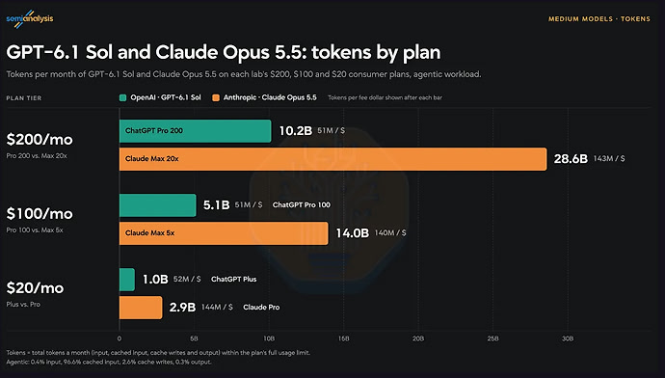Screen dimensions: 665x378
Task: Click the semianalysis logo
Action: pos(30,18)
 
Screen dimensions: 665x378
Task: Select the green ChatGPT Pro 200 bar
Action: pos(195,131)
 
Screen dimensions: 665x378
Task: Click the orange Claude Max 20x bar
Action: pos(332,159)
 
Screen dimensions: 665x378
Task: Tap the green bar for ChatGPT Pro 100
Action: pos(158,205)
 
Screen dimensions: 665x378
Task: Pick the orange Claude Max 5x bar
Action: pos(224,233)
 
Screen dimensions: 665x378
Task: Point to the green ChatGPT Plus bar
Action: pos(127,280)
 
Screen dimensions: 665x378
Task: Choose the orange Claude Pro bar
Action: pos(141,308)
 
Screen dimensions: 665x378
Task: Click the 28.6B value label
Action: pos(571,159)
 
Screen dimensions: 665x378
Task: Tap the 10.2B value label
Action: pos(296,131)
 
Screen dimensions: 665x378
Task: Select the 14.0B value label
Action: pos(353,233)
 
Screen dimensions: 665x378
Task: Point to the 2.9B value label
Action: pos(182,308)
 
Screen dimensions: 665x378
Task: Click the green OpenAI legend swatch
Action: pos(123,98)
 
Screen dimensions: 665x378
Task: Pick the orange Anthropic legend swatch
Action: pos(216,98)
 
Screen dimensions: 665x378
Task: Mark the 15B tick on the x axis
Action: pos(343,338)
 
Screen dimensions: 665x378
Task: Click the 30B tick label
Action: pos(568,338)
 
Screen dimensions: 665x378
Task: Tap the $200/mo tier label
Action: pos(40,140)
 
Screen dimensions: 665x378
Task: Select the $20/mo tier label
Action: pos(35,288)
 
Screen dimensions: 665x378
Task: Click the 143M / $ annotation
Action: pos(609,159)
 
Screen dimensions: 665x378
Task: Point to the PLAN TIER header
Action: pos(24,98)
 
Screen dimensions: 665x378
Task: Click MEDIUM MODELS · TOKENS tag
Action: pos(599,19)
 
